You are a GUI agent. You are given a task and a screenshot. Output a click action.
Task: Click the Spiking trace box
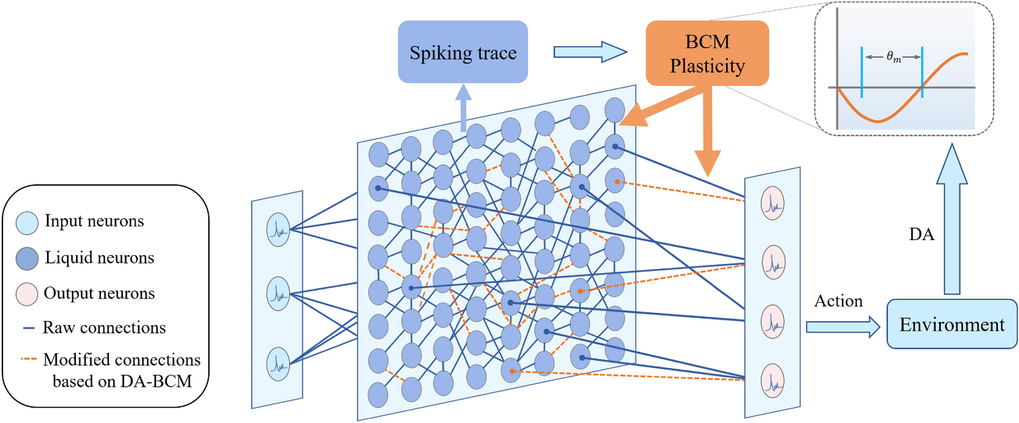click(462, 52)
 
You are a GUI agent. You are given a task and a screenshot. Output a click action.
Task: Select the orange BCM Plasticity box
click(707, 53)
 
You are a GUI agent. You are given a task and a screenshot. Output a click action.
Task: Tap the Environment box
click(951, 324)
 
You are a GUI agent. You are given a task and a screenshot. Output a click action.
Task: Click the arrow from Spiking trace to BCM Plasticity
click(590, 52)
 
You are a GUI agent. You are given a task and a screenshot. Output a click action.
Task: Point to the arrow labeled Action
click(842, 327)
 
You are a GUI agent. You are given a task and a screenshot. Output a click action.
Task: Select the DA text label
click(921, 234)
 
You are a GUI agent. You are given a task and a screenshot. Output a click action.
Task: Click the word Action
click(838, 301)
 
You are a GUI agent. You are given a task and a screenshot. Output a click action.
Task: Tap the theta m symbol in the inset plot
click(893, 57)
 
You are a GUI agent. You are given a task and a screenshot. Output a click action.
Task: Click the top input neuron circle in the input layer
click(278, 230)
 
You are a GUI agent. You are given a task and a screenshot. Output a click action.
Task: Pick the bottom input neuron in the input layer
click(278, 364)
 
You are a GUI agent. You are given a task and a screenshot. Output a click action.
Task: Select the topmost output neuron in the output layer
click(773, 203)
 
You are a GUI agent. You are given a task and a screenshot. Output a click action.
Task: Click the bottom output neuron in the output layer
click(773, 381)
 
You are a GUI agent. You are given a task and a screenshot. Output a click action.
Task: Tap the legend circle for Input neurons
click(27, 222)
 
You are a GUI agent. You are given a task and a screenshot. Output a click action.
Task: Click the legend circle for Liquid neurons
click(27, 258)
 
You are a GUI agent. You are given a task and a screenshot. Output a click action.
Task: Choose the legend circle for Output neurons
click(27, 294)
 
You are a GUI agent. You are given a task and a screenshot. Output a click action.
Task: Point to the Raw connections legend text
click(104, 328)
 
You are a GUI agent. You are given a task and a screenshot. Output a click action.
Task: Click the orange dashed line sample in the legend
click(29, 359)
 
